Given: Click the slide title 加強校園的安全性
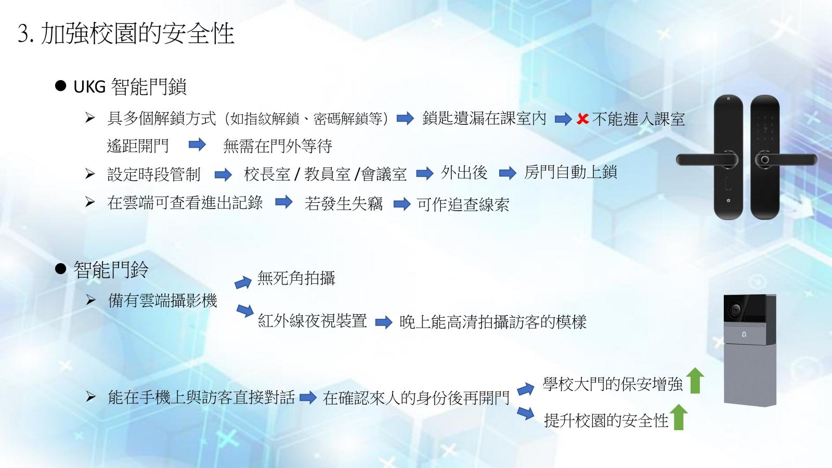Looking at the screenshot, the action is (137, 33).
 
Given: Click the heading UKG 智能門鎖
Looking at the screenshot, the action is (129, 87).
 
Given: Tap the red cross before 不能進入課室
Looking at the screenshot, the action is (582, 119).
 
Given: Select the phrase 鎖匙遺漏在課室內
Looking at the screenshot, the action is (484, 119).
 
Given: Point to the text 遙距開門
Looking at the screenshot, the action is (138, 146).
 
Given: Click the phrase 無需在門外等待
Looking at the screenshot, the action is (278, 146).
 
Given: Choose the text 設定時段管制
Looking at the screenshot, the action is (154, 174).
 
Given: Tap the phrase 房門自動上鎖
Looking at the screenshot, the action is (570, 172).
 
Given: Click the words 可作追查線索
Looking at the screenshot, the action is (463, 204).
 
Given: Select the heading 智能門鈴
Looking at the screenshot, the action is (111, 270).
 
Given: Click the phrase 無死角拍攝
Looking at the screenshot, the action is (296, 278).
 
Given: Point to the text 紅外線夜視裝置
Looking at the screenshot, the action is (313, 320).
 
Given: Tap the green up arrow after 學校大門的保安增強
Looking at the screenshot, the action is (695, 380).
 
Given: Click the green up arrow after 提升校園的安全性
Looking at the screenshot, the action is (679, 417).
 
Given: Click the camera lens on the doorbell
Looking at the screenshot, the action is (735, 309).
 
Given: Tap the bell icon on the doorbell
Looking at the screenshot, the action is (744, 335).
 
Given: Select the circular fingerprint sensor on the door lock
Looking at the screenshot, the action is (765, 160).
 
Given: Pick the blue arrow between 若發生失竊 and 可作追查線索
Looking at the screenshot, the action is (402, 204).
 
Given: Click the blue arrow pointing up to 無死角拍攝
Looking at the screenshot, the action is (243, 282).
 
